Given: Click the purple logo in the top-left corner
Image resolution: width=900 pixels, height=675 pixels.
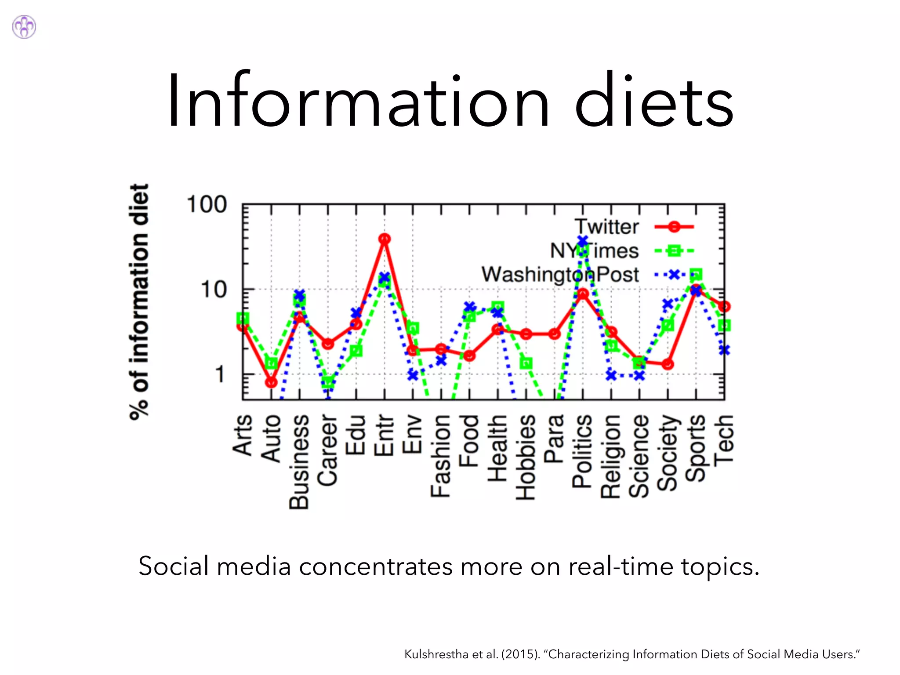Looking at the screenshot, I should pos(24,27).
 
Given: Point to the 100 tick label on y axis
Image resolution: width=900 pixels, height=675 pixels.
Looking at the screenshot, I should pos(207,205).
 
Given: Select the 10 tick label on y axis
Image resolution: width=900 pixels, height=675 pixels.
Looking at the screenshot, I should pos(214,290).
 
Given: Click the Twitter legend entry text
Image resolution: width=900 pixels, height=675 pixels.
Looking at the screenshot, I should pos(606,227).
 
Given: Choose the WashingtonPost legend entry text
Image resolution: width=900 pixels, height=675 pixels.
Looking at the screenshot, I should pos(560,275).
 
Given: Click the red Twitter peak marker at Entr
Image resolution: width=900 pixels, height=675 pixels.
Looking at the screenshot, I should pos(385,239).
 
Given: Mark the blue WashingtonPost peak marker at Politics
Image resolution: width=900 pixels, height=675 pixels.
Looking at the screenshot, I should pos(583,241).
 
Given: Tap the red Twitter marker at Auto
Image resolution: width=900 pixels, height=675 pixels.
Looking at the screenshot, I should pos(272,382).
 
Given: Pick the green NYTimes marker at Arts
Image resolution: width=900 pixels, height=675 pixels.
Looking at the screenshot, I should pos(243,318).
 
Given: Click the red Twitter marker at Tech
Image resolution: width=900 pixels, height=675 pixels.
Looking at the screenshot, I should pos(724,306).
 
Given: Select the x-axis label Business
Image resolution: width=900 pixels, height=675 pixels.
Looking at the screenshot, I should pos(299,461).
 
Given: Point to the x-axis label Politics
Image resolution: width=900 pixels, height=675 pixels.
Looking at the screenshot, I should pos(582,451).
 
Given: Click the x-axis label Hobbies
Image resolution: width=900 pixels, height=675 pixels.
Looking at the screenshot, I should pos(526,457).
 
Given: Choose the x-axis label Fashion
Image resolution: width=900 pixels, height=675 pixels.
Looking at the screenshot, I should pos(440,456).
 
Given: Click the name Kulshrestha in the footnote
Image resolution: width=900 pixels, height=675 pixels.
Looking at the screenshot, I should pos(436,654).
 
